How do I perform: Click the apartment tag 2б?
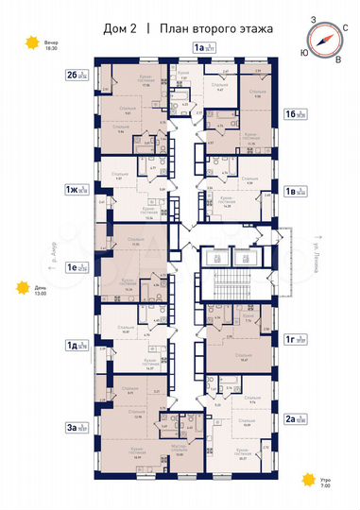point(76,74)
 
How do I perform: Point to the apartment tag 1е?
point(76,266)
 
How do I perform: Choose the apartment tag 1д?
point(76,346)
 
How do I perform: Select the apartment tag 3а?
point(76,427)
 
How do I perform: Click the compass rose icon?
point(326,39)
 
